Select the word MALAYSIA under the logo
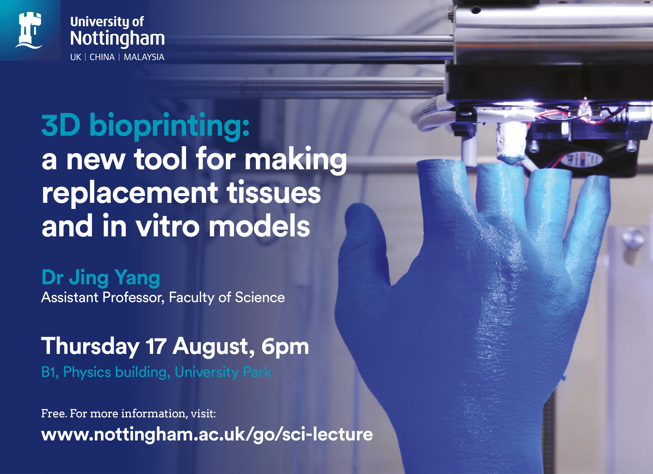pyautogui.click(x=144, y=57)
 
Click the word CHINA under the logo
pyautogui.click(x=102, y=57)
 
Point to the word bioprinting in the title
pyautogui.click(x=169, y=126)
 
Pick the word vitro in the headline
pyautogui.click(x=168, y=226)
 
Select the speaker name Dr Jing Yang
pyautogui.click(x=101, y=278)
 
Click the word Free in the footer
pyautogui.click(x=54, y=414)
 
